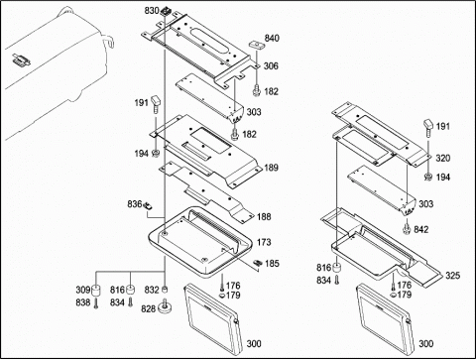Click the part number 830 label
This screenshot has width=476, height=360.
click(x=152, y=11)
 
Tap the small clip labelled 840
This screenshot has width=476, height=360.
click(x=256, y=45)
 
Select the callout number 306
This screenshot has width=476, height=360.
click(x=271, y=66)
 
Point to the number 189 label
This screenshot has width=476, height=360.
click(x=271, y=168)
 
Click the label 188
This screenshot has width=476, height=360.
click(x=264, y=217)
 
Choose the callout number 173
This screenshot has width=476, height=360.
click(x=264, y=242)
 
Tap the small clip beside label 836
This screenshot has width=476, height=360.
click(x=148, y=206)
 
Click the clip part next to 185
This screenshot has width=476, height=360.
click(x=258, y=263)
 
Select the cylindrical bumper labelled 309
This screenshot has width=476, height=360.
click(x=96, y=291)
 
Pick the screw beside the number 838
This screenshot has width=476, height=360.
click(x=96, y=302)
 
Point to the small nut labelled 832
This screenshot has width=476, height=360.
click(x=165, y=290)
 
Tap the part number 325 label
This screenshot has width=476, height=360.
click(x=452, y=276)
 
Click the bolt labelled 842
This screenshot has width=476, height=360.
click(x=406, y=228)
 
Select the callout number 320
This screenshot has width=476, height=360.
click(x=443, y=159)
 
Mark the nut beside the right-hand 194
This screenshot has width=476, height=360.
click(x=428, y=178)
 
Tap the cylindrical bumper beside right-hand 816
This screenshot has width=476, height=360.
click(x=337, y=267)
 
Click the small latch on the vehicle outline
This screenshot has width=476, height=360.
click(x=22, y=60)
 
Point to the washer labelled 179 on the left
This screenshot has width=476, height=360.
click(x=222, y=296)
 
